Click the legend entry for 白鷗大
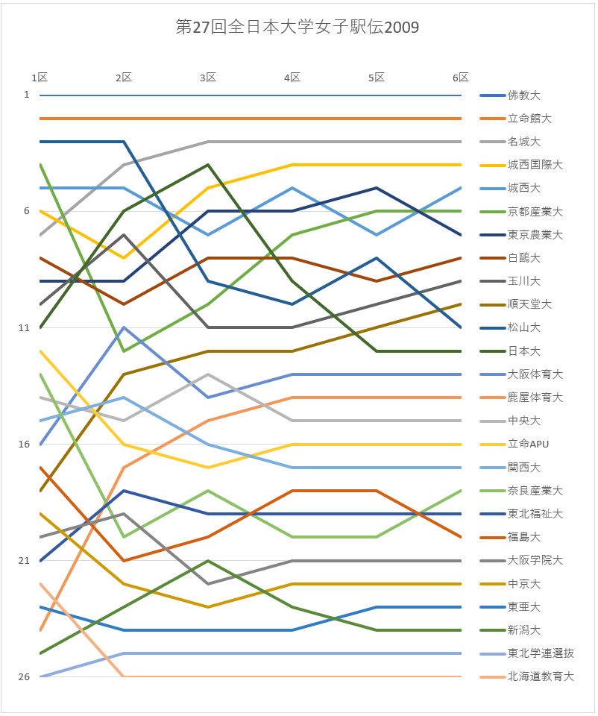(x=524, y=258)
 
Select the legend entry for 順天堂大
(x=529, y=304)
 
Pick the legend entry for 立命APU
(x=528, y=445)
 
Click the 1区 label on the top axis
(x=40, y=78)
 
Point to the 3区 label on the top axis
(x=208, y=78)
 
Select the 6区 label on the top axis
(x=461, y=78)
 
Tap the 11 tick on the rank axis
(x=26, y=327)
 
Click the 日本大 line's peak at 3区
(x=208, y=165)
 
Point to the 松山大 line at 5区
(x=377, y=258)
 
